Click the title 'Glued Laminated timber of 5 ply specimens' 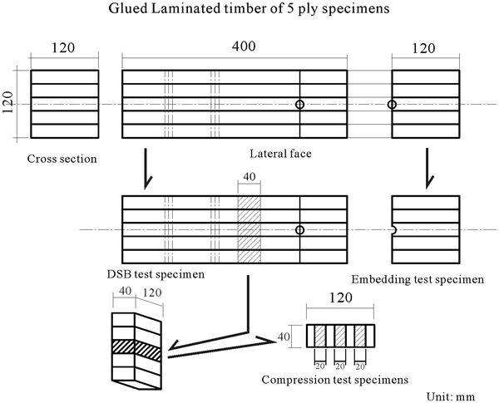[249, 11]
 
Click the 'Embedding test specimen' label [417, 279]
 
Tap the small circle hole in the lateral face [299, 105]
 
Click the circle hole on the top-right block [392, 105]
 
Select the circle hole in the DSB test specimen [299, 229]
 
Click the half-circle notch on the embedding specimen [394, 229]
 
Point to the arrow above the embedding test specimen [427, 169]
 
